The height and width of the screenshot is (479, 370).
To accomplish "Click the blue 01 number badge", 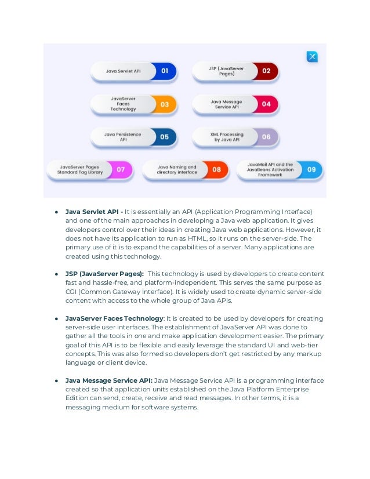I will (165, 71).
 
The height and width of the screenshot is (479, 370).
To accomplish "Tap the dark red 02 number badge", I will (266, 71).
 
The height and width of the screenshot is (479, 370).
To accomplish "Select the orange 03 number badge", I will (165, 104).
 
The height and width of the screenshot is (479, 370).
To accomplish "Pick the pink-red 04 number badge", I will (266, 104).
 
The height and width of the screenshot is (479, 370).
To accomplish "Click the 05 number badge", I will (165, 137).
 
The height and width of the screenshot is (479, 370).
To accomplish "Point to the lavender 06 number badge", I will (266, 137).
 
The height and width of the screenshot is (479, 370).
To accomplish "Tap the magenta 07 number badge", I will (121, 170).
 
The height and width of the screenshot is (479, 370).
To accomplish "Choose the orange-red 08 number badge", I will (216, 170).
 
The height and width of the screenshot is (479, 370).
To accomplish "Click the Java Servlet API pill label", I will (124, 71).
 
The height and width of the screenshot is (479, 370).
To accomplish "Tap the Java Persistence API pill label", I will (123, 137).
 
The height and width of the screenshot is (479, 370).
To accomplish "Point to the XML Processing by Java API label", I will (227, 137).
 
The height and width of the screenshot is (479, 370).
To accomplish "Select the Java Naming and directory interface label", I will (176, 170).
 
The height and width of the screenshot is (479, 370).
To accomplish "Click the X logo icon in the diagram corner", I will (312, 56).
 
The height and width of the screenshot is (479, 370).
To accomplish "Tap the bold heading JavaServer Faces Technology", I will (114, 318).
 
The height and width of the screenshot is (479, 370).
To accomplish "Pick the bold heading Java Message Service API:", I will (109, 380).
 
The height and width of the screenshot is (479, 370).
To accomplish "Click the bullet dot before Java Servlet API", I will (57, 211).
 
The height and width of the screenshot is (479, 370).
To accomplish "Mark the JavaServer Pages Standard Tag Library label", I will (81, 170).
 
